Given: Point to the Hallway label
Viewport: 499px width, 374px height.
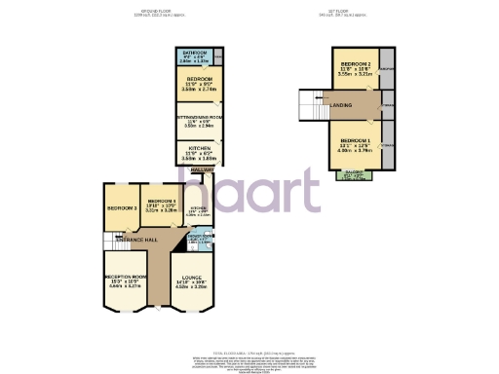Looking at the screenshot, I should [x=202, y=169].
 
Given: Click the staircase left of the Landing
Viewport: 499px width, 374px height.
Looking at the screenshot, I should [x=309, y=103].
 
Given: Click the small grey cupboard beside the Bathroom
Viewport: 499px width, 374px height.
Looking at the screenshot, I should [x=219, y=56].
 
